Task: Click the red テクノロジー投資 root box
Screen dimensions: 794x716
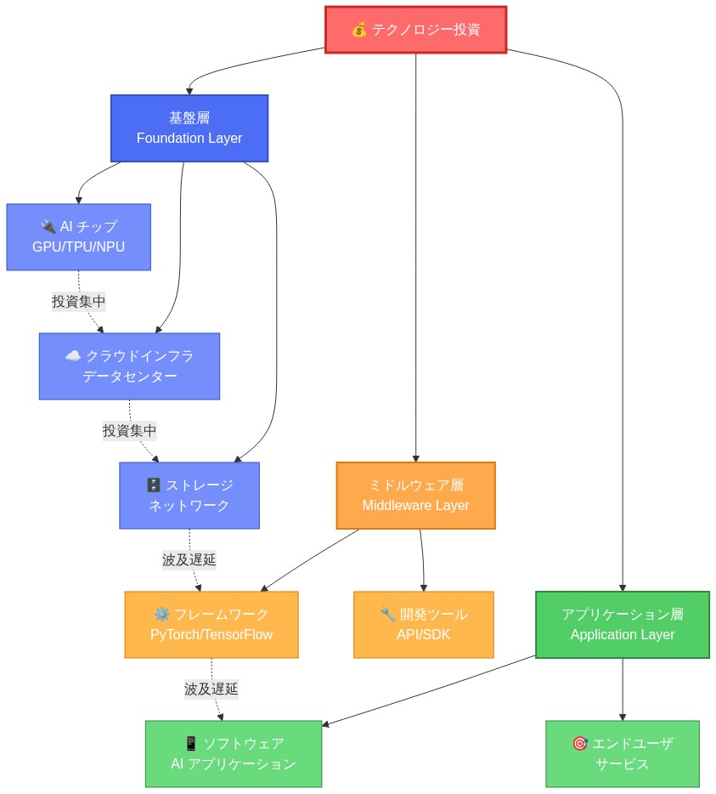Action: (x=415, y=30)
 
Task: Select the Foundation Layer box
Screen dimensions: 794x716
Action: (x=189, y=128)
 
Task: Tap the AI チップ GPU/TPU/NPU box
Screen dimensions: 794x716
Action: (x=78, y=236)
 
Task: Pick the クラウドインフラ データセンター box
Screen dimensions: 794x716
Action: (x=129, y=366)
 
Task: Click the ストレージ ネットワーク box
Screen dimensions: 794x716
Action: (x=189, y=495)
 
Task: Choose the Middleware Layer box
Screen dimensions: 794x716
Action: (x=415, y=495)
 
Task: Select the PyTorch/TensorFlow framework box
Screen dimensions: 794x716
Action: (x=211, y=624)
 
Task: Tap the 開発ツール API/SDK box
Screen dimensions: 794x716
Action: (x=423, y=624)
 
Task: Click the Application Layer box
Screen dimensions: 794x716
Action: (x=623, y=624)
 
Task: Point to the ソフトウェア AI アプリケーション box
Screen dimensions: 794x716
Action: (x=234, y=753)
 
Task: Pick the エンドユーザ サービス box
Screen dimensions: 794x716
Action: (x=623, y=753)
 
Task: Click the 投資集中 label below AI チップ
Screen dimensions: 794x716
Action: (x=79, y=301)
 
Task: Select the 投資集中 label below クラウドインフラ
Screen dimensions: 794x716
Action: (x=129, y=430)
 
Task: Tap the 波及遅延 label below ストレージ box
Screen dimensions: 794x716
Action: (x=189, y=559)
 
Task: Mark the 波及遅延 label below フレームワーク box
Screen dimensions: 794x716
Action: (x=211, y=689)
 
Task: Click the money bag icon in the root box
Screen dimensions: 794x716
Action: (x=359, y=30)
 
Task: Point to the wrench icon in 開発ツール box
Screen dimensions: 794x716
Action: (x=388, y=614)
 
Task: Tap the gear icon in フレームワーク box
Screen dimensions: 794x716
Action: (x=161, y=614)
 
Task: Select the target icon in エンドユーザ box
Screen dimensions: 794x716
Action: (x=580, y=743)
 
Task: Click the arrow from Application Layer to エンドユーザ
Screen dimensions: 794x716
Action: (x=623, y=689)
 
